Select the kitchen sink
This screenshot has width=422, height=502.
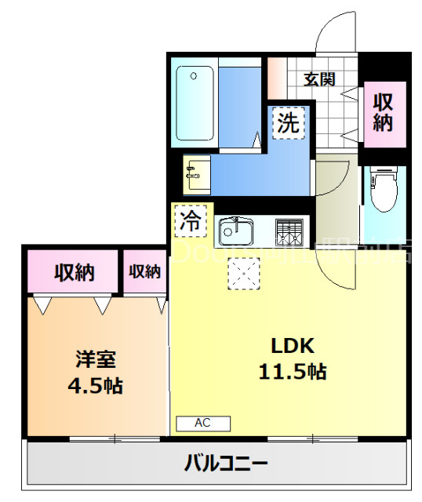pyautogui.click(x=235, y=231)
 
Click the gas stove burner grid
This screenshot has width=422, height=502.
pyautogui.click(x=289, y=231)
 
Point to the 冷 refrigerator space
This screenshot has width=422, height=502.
pyautogui.click(x=189, y=220)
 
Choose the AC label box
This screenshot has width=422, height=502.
pyautogui.click(x=203, y=424)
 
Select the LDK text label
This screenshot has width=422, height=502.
pyautogui.click(x=293, y=345)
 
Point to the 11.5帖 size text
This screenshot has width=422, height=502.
pyautogui.click(x=293, y=372)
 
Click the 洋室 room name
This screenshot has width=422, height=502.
pyautogui.click(x=96, y=360)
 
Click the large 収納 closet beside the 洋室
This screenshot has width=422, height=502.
pyautogui.click(x=74, y=272)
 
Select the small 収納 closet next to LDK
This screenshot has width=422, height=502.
pyautogui.click(x=144, y=272)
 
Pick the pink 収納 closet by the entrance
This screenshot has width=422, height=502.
pyautogui.click(x=383, y=111)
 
